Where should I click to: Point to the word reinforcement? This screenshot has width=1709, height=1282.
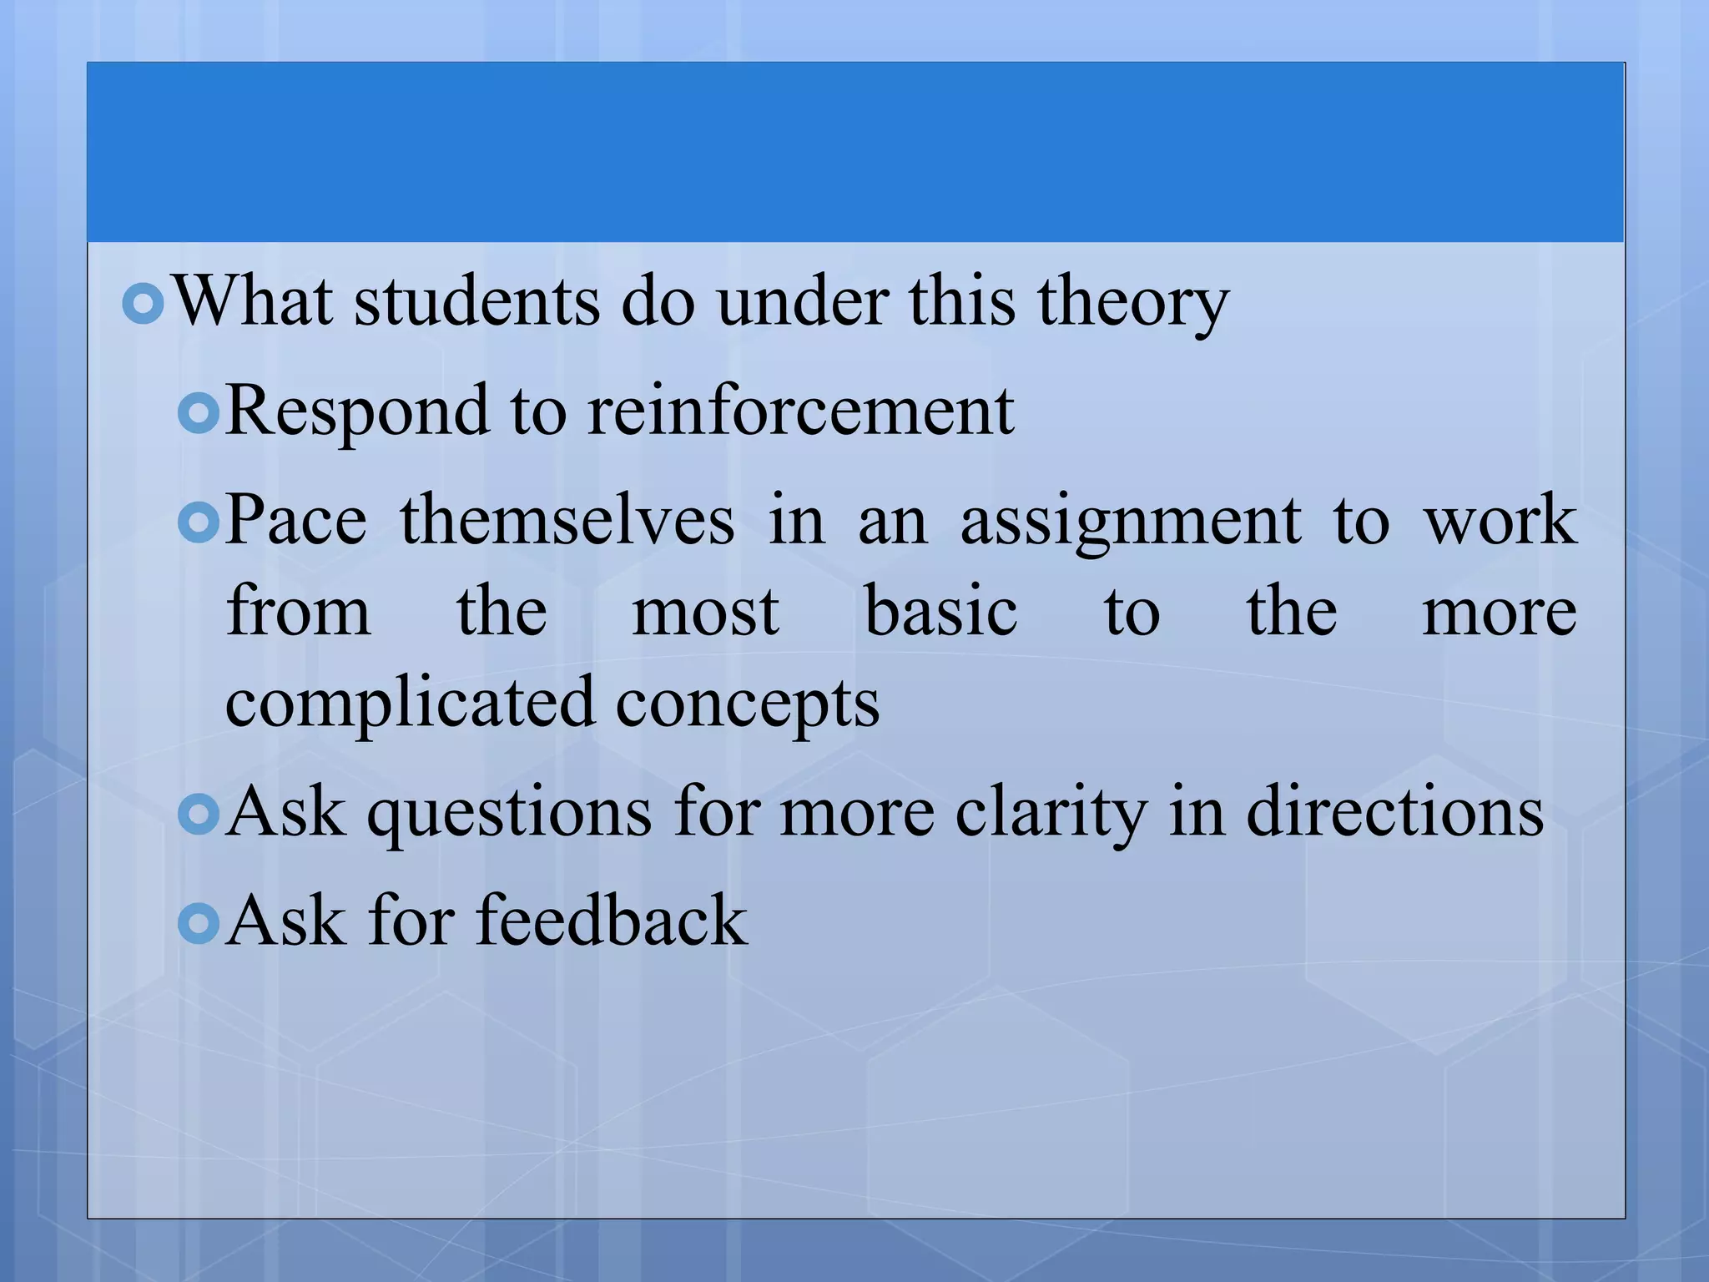[800, 411]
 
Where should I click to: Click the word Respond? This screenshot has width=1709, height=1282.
[357, 412]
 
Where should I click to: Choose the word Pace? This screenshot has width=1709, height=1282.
[296, 520]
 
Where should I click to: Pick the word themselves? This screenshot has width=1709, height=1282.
[567, 520]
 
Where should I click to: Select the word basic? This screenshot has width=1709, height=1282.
[940, 612]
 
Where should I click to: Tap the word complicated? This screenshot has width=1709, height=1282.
[410, 704]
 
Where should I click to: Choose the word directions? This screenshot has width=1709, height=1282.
[1394, 812]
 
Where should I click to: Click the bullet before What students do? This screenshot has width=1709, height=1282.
[143, 305]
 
